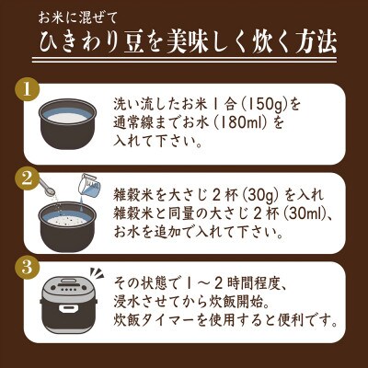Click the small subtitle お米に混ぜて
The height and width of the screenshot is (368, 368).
tap(93, 16)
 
